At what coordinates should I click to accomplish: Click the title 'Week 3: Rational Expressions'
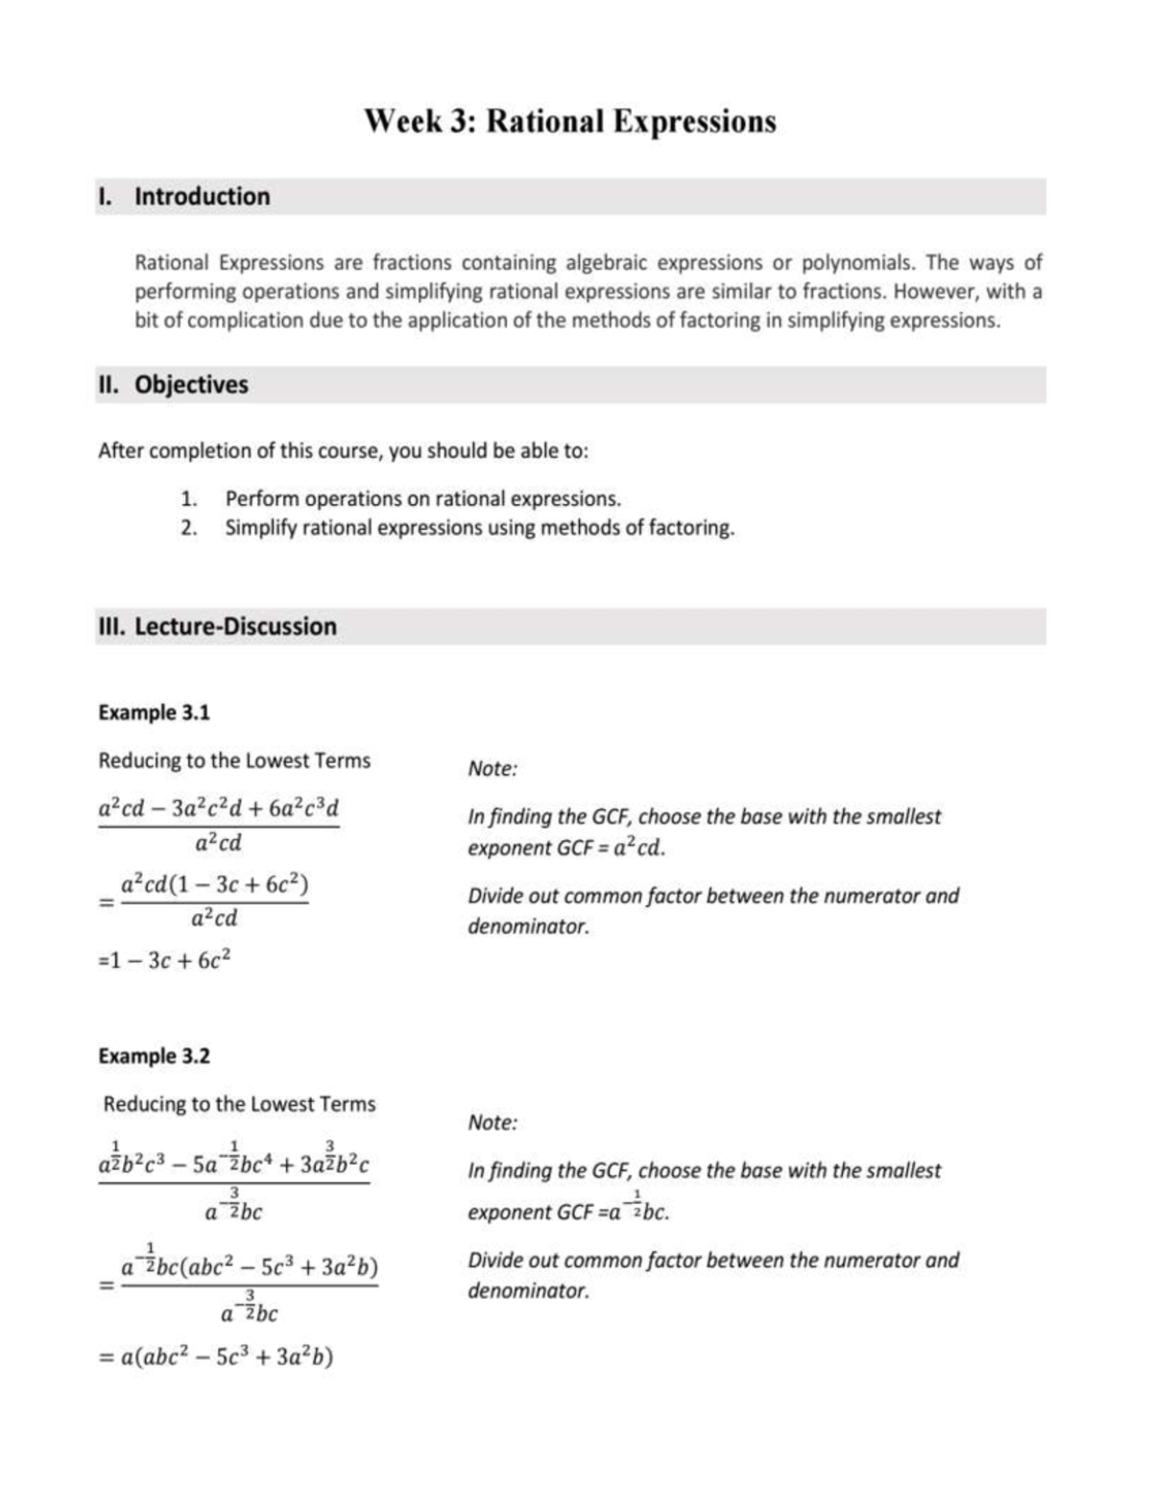click(570, 122)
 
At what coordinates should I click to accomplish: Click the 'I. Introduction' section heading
click(185, 197)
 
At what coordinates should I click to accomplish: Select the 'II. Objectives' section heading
click(174, 385)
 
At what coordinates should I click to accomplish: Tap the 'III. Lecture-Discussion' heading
click(218, 627)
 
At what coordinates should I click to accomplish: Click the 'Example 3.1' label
click(154, 713)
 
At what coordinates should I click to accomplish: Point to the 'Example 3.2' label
click(154, 1057)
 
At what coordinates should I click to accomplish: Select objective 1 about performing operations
click(422, 499)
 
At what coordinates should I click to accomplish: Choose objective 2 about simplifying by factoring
click(479, 528)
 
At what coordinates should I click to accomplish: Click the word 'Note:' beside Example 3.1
click(492, 769)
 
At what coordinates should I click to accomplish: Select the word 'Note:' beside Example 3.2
click(492, 1123)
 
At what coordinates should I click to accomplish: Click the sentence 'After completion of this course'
click(343, 451)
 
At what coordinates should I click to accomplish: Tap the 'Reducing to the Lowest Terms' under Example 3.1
click(234, 761)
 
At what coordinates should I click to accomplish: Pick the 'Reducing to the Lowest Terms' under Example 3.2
click(239, 1105)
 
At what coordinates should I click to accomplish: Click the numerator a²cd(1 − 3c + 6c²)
click(214, 884)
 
